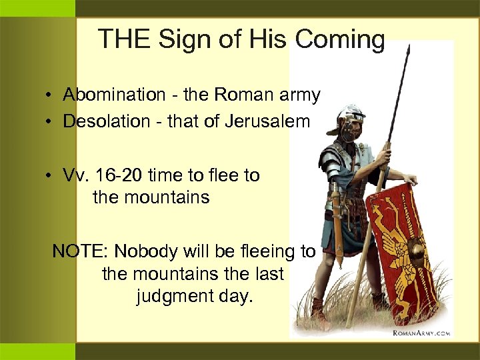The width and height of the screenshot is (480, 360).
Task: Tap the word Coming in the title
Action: (339, 40)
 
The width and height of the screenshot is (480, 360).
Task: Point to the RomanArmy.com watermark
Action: (421, 331)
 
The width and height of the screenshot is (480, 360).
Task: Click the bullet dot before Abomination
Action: (50, 96)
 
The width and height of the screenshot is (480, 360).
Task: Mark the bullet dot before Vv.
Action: (50, 176)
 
